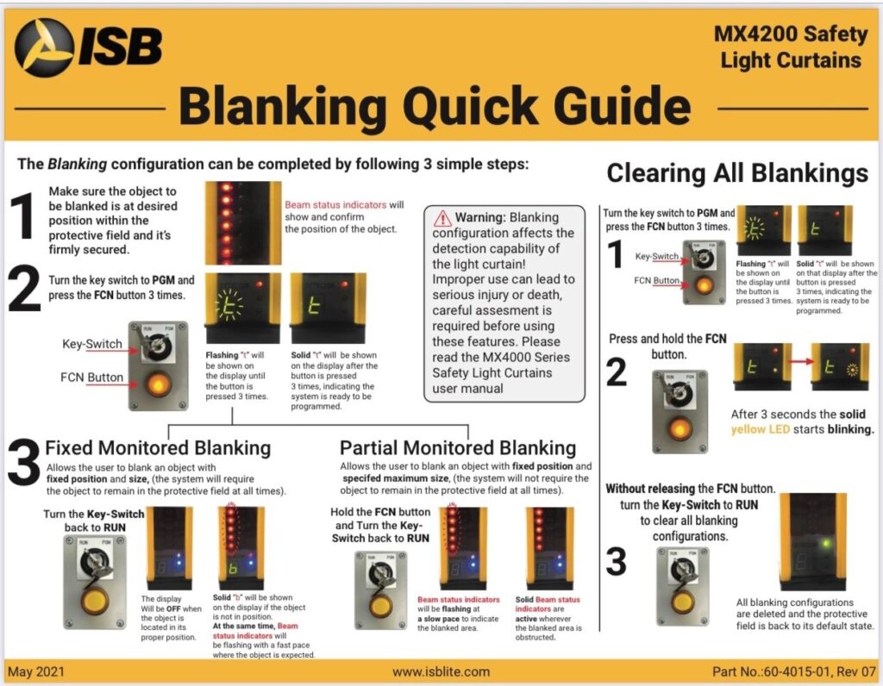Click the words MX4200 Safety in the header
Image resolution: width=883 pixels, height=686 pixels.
[x=791, y=34]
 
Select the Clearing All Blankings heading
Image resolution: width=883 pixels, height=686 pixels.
[x=737, y=172]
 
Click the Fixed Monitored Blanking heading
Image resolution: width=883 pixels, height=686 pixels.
[x=158, y=447]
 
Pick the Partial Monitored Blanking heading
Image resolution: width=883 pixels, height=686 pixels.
[x=458, y=447]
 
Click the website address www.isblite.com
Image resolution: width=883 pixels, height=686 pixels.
[x=441, y=671]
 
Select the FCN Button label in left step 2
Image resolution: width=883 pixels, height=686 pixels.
[x=92, y=377]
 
